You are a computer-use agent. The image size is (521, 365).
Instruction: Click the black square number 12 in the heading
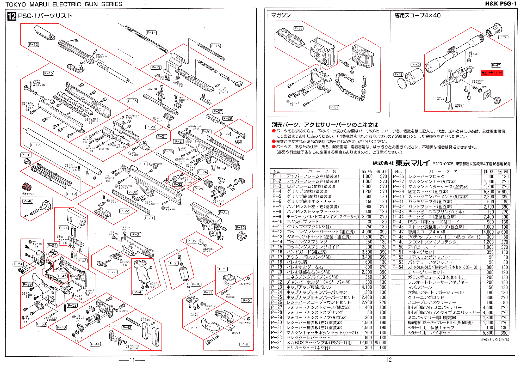coord(12,16)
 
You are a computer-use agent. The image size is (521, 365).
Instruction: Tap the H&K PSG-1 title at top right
coord(500,4)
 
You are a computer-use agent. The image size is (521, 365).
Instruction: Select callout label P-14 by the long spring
coord(151,33)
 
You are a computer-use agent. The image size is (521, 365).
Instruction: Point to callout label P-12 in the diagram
coord(33,45)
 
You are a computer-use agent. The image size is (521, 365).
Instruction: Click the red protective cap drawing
coord(27,187)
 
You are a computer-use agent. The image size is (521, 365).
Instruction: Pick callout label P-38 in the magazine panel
coord(298,28)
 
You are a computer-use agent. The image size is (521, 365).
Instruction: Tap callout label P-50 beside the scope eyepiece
coord(503,37)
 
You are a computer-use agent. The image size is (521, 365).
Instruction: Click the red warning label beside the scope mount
coord(492,73)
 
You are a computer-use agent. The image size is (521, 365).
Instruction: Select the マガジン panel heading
coord(281,15)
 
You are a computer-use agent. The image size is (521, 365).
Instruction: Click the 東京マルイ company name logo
coord(412,163)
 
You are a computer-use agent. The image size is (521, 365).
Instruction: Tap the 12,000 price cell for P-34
coord(365,343)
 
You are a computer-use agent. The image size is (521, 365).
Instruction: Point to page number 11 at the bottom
coord(132,360)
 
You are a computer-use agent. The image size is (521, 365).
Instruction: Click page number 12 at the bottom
coord(389,360)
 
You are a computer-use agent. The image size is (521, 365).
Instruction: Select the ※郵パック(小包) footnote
coord(495,339)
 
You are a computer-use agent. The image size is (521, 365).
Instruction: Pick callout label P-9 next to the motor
coord(173,263)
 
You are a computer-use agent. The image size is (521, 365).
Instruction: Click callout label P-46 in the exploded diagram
coord(28,201)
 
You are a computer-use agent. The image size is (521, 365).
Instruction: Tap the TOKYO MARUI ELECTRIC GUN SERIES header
coord(64,4)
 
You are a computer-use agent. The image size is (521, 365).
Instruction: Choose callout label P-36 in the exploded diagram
coord(240,228)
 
